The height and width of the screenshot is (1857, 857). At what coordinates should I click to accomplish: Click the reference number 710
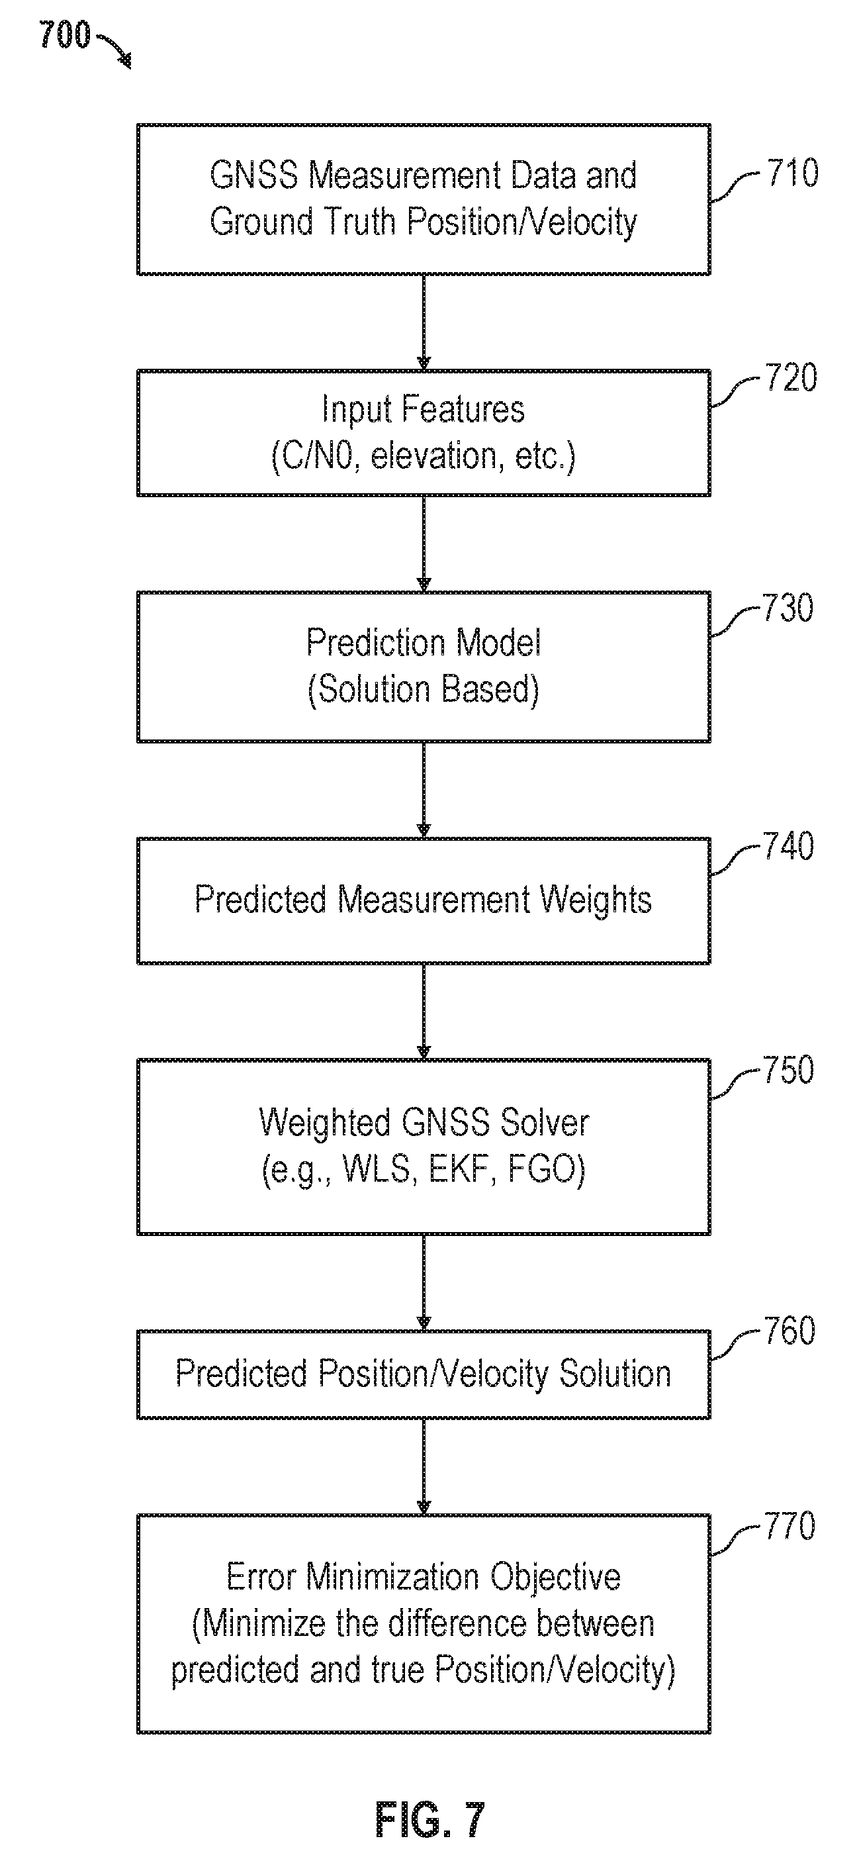click(x=792, y=173)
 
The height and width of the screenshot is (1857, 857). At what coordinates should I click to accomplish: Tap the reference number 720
click(x=791, y=379)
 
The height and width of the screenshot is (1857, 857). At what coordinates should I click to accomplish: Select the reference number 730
click(x=789, y=608)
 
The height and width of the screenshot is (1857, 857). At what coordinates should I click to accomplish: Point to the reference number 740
click(x=789, y=846)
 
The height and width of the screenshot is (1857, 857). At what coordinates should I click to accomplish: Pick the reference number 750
click(x=789, y=1070)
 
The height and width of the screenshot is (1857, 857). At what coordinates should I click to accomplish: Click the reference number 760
click(x=790, y=1331)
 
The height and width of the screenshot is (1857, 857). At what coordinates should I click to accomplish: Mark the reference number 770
click(x=790, y=1526)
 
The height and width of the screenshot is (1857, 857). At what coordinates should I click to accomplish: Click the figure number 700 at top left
click(x=65, y=34)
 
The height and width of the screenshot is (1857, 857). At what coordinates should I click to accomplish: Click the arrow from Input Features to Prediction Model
click(x=424, y=544)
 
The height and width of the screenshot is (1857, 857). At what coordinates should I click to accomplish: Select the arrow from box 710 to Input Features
click(x=424, y=322)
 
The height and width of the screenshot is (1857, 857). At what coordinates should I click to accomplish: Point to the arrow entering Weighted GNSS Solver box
click(x=424, y=1012)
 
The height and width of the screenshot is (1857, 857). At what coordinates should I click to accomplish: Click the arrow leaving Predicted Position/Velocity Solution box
click(x=424, y=1467)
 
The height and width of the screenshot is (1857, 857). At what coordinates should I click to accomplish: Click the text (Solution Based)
click(x=424, y=690)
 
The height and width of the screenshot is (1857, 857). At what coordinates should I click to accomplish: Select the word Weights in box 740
click(x=596, y=900)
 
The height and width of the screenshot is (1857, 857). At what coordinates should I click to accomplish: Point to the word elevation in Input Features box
click(x=433, y=456)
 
